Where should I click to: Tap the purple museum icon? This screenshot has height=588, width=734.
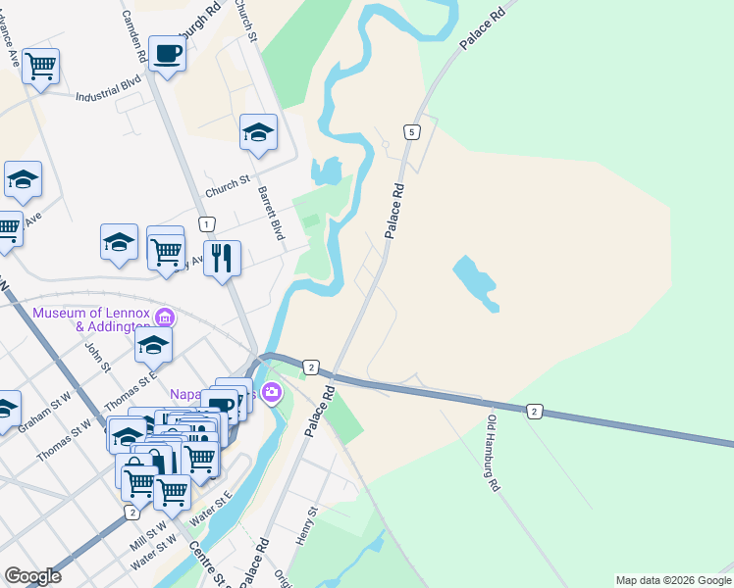tap(166, 318)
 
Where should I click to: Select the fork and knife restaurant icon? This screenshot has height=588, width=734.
tap(223, 259)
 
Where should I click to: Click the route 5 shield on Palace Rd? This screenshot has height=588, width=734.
tap(412, 132)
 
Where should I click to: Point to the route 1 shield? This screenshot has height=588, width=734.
tap(206, 224)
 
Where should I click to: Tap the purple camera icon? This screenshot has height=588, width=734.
tap(271, 394)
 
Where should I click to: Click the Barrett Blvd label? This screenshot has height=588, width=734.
tap(271, 215)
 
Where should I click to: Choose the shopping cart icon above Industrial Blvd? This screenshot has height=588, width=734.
tap(41, 67)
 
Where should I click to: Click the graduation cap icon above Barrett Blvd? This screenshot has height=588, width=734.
tap(258, 132)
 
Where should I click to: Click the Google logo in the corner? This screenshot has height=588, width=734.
tap(32, 576)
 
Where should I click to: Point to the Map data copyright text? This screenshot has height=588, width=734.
tap(673, 580)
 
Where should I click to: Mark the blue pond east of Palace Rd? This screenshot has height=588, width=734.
tap(476, 282)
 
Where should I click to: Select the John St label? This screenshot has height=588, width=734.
tap(98, 355)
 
